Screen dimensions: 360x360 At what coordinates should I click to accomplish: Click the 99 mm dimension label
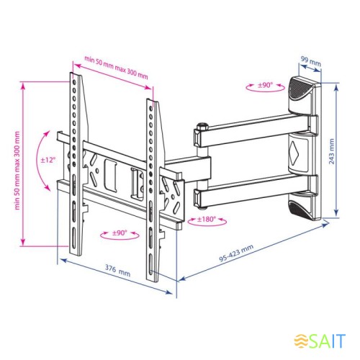(x=311, y=61)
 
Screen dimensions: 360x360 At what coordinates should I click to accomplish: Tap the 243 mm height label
(x=331, y=151)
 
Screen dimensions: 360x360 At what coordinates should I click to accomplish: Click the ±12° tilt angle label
(x=48, y=160)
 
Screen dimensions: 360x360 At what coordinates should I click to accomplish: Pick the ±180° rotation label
(x=207, y=219)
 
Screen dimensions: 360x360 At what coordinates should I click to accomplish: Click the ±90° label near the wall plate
(x=265, y=85)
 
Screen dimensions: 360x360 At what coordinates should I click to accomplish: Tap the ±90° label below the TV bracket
(x=120, y=233)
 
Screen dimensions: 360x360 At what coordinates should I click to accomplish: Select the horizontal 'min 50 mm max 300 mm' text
(x=116, y=67)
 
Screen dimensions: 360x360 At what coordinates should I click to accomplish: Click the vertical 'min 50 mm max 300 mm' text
(x=17, y=171)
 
